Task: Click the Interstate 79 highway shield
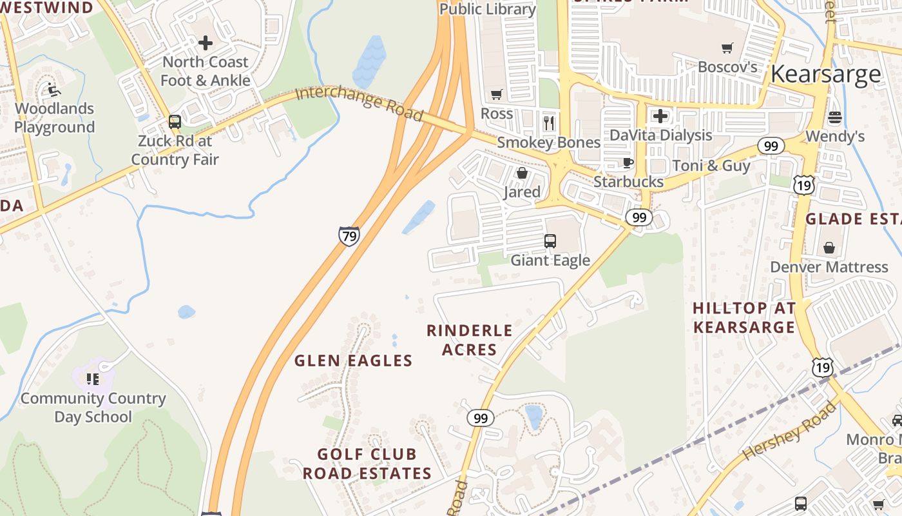349,236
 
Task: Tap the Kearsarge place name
825,74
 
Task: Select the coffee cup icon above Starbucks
628,163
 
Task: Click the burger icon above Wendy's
835,117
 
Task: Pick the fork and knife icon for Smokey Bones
549,123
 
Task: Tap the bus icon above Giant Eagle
550,241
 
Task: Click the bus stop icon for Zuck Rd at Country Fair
175,122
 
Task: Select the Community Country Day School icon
93,379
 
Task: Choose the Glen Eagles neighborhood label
353,361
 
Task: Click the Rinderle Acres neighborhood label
470,340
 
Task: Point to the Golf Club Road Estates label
367,464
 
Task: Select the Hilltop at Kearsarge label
744,317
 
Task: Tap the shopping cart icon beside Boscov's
727,48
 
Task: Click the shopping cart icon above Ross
496,95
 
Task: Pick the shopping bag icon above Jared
522,174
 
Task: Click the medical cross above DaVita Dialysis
660,116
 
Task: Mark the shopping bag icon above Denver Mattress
829,248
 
